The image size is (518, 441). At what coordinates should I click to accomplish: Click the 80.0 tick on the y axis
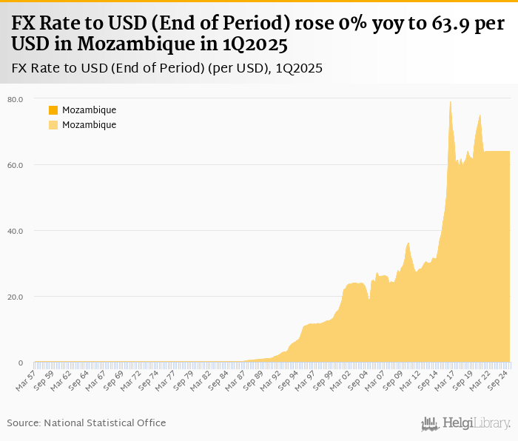pos(15,98)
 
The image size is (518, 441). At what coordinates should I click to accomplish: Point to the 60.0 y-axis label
pos(15,164)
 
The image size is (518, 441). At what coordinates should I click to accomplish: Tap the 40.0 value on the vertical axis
pos(15,231)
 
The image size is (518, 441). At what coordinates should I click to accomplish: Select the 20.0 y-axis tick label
pos(15,297)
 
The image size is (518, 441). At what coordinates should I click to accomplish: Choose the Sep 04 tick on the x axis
pos(359,379)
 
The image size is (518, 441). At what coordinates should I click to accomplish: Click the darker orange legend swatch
pos(53,110)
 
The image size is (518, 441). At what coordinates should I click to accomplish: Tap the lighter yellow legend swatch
pos(53,125)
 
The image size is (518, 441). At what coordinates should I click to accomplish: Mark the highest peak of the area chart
pos(451,102)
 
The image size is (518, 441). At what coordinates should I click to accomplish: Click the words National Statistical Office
pos(104,423)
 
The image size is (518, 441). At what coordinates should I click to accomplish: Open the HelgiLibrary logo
pos(465,423)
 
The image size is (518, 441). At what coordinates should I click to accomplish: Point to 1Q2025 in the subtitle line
pos(299,69)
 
